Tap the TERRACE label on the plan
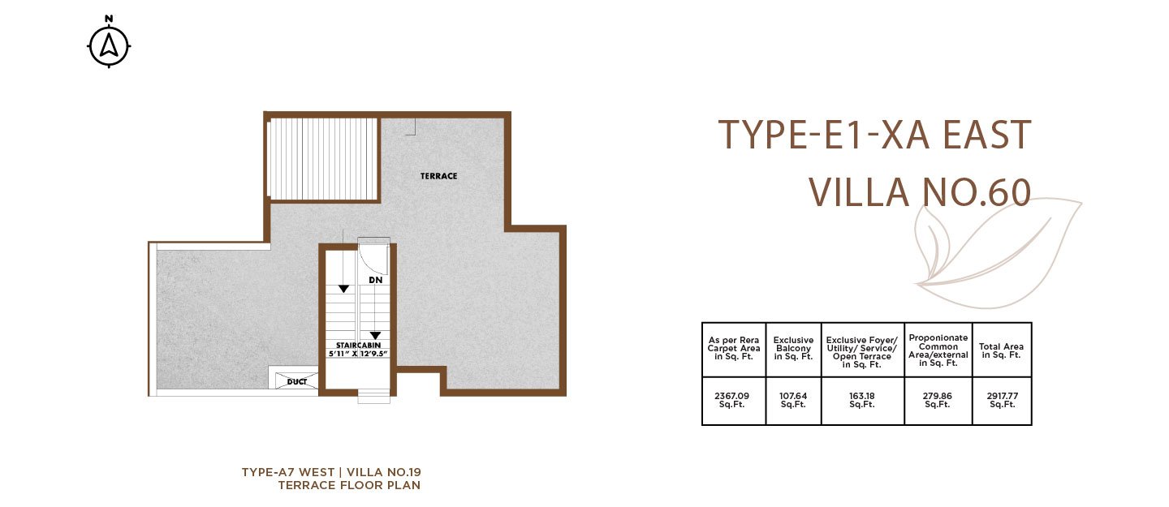point(438,176)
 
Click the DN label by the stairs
point(375,280)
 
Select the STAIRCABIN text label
point(358,346)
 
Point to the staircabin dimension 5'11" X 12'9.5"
point(358,354)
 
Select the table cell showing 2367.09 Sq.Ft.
point(733,401)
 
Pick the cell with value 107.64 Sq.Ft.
point(792,401)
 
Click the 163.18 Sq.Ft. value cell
point(861,401)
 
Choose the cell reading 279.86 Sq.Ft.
point(938,401)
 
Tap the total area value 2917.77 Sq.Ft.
point(1002,401)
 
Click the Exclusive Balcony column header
point(792,349)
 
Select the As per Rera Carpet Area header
point(733,349)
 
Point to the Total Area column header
point(1001,350)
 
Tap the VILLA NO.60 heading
point(920,192)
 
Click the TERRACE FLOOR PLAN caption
point(349,485)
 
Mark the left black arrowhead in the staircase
point(343,289)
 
